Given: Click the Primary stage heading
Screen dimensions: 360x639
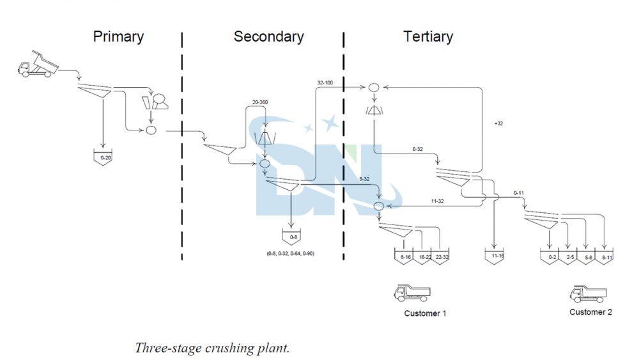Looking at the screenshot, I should [x=118, y=36].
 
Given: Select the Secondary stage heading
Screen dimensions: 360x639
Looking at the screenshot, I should [x=268, y=36].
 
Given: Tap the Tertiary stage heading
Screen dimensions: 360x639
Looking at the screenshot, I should [x=427, y=36].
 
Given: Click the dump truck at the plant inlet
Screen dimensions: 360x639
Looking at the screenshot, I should [x=37, y=65].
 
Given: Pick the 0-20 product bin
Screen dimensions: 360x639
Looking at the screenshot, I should [x=102, y=157].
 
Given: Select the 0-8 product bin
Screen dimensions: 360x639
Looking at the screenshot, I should [x=293, y=237].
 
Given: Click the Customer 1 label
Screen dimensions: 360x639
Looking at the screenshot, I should [x=425, y=313].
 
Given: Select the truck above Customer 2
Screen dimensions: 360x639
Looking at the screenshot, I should [x=588, y=293].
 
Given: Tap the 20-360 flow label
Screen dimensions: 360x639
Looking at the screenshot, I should [x=259, y=102].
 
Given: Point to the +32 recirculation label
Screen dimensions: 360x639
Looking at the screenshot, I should [x=498, y=123].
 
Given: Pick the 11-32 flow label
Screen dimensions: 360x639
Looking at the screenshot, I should [x=438, y=201].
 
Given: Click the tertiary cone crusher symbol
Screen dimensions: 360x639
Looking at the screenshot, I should [x=374, y=110].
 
